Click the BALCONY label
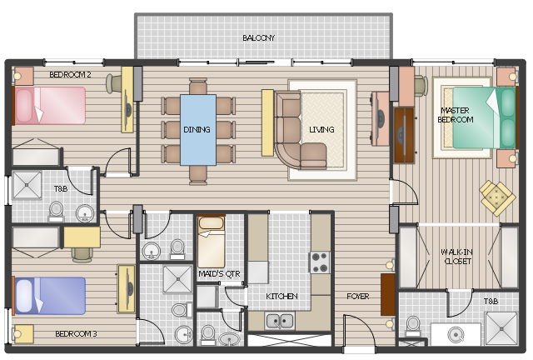(258, 38)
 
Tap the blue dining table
(198, 130)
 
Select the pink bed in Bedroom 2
(49, 106)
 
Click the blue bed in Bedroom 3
(49, 295)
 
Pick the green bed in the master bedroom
(485, 117)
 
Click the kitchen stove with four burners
(320, 262)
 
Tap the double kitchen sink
(280, 321)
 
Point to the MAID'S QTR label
(219, 274)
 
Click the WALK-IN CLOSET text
(456, 257)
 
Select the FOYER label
(357, 297)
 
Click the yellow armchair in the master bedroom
(497, 197)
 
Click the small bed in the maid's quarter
(211, 241)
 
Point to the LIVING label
(321, 130)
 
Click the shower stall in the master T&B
(501, 328)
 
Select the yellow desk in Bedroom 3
(82, 237)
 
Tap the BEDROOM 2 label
(70, 74)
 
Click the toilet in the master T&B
(413, 326)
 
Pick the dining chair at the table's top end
(198, 86)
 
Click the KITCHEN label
(281, 297)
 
